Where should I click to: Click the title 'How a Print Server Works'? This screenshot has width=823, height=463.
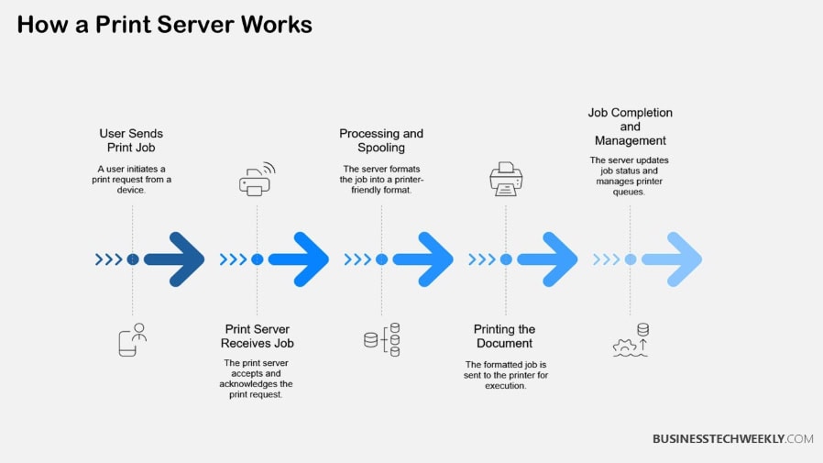pos(164,25)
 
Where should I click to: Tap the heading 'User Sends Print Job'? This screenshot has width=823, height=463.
pos(131,140)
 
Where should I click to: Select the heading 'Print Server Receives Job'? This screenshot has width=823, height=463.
pos(257,336)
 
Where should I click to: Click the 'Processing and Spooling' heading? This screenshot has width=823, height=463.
pos(381,140)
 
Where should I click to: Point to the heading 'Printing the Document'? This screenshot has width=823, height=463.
pos(504,336)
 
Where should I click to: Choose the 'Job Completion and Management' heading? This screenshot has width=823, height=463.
pos(630,127)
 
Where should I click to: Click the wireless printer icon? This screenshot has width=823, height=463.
pos(257,180)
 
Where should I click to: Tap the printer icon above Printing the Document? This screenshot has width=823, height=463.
pos(506,180)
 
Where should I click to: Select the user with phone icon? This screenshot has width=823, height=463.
pos(132,339)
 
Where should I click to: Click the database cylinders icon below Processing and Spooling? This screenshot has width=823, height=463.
pos(381,339)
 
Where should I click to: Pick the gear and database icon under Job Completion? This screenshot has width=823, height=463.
pos(631,340)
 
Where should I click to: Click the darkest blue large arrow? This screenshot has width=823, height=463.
pos(175,259)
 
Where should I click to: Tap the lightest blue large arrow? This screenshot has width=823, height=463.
pos(673,259)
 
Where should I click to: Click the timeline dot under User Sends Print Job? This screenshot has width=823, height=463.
pos(133,259)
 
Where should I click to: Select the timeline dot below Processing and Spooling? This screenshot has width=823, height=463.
pos(381,259)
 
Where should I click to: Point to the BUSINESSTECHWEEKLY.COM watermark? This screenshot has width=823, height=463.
pos(732,439)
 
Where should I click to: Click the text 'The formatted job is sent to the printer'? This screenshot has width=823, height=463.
pos(504,375)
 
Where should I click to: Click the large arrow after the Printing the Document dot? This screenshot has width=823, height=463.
pos(548,259)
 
